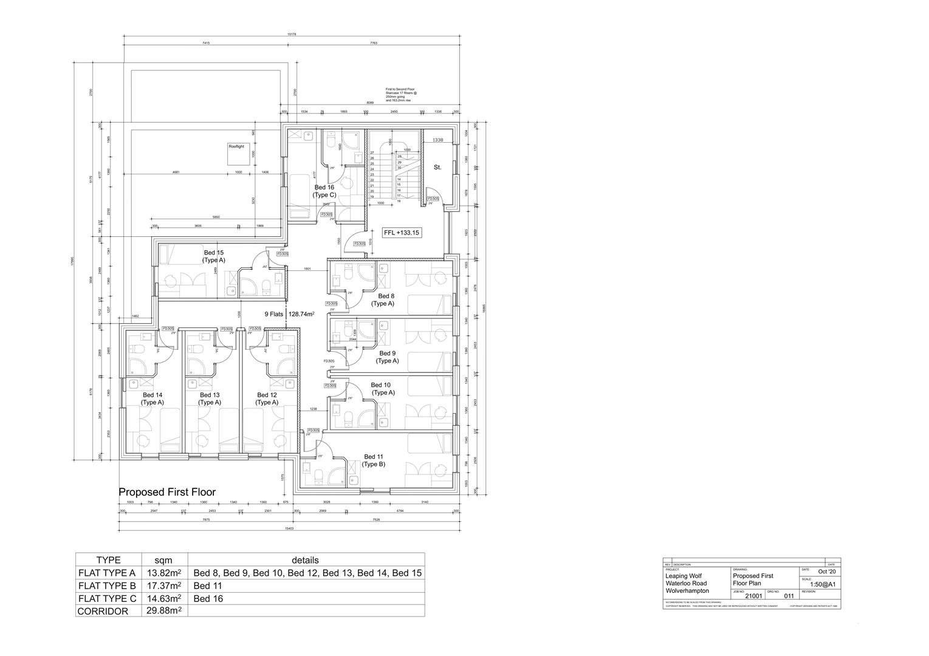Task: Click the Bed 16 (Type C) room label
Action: point(324,191)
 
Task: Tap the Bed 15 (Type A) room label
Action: point(213,256)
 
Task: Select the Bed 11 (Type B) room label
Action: point(373,460)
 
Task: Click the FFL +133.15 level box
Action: point(402,233)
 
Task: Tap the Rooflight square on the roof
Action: point(236,154)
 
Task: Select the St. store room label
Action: point(437,167)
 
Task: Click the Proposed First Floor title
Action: point(167,492)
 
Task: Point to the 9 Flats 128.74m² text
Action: point(289,314)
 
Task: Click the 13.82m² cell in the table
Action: point(164,573)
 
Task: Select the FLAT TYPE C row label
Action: point(107,598)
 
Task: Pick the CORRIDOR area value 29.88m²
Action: point(164,611)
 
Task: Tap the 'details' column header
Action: point(306,560)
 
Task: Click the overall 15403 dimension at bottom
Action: point(289,528)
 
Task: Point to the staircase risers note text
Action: point(401,95)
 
